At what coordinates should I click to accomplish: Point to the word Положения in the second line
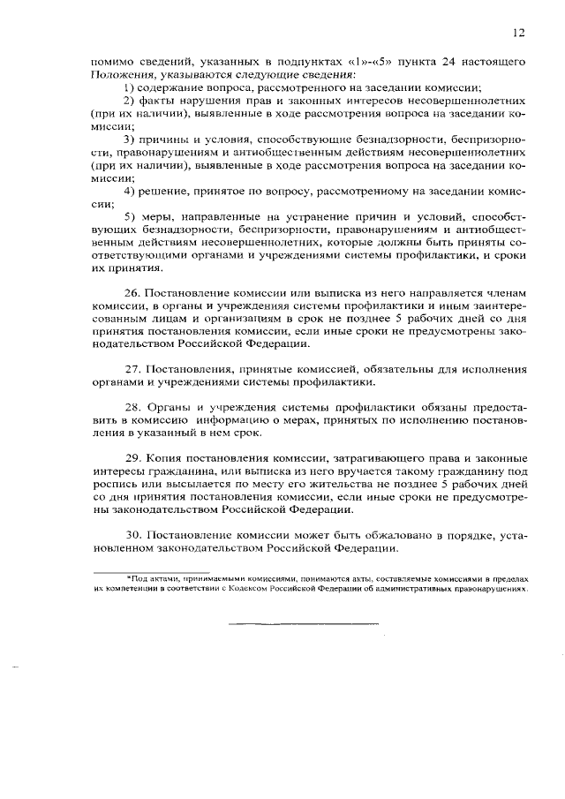coord(118,76)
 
